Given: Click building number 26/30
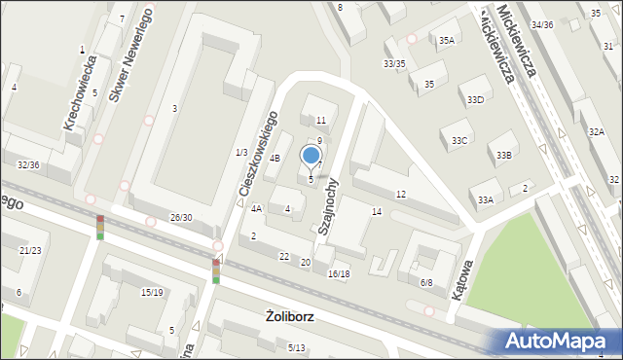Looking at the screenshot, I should [181, 217].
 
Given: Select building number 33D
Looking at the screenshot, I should [475, 100].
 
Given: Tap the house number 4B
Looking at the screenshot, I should [275, 158].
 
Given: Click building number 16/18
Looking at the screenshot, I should [339, 274].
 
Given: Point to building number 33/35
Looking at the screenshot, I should [394, 64].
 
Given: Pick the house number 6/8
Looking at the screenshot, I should [426, 282].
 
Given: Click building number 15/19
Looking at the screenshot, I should [152, 292].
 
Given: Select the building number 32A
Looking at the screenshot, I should [596, 131].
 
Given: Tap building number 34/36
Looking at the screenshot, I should [542, 24].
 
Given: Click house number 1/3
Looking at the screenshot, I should [240, 153].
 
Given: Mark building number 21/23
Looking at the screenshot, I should [30, 250].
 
